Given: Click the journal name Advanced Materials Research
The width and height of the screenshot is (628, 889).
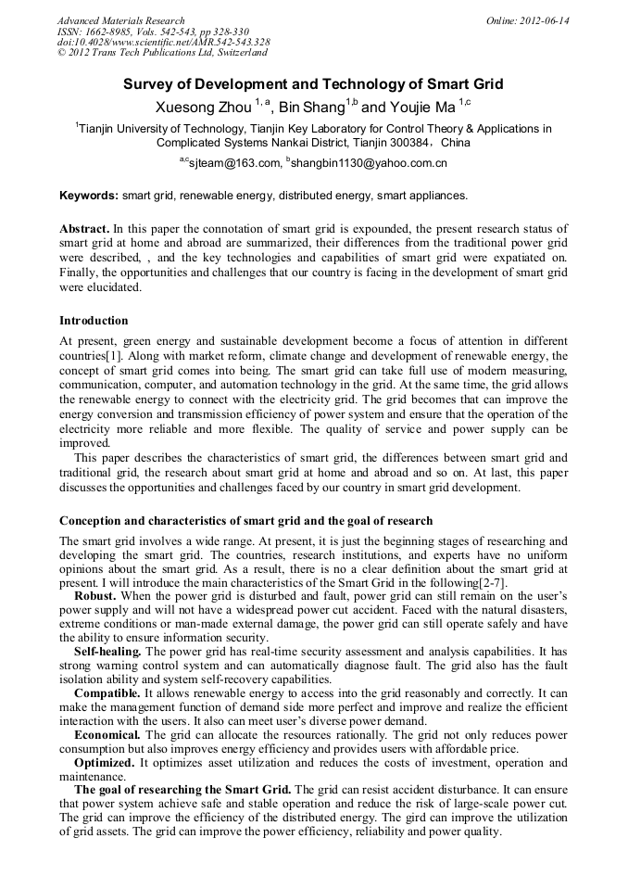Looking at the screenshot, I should coord(121,20).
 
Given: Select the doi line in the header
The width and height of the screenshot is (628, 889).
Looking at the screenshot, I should coord(164,42).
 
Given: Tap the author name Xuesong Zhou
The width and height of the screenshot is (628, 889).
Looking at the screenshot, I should coord(203,107).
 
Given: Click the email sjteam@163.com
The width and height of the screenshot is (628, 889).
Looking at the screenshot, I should coord(236,163).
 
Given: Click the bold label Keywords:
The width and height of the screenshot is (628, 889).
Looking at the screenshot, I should coord(89,196).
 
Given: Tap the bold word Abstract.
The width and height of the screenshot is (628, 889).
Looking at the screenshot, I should coord(85,228).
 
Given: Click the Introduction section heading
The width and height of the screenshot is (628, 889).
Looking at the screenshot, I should coord(94,321).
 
